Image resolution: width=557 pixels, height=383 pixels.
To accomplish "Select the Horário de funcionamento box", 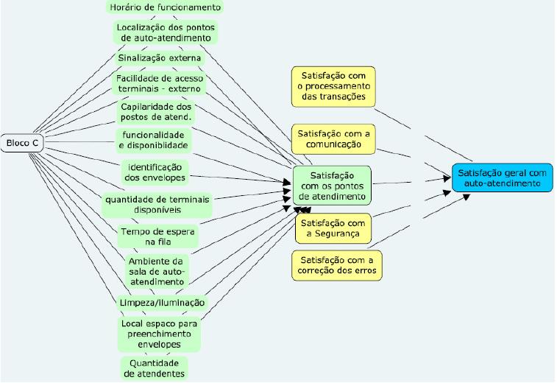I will pyautogui.click(x=164, y=7).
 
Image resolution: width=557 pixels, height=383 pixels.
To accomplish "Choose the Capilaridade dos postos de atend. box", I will pyautogui.click(x=156, y=111).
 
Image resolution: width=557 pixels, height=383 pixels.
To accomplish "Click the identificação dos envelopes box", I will pyautogui.click(x=155, y=172).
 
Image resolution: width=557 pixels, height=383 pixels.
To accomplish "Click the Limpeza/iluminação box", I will pyautogui.click(x=162, y=303).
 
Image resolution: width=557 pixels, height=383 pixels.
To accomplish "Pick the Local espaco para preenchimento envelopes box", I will pyautogui.click(x=158, y=334).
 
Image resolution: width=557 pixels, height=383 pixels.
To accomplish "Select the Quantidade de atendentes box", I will pyautogui.click(x=154, y=368).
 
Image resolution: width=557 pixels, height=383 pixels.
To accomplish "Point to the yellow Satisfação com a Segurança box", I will pyautogui.click(x=332, y=228).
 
